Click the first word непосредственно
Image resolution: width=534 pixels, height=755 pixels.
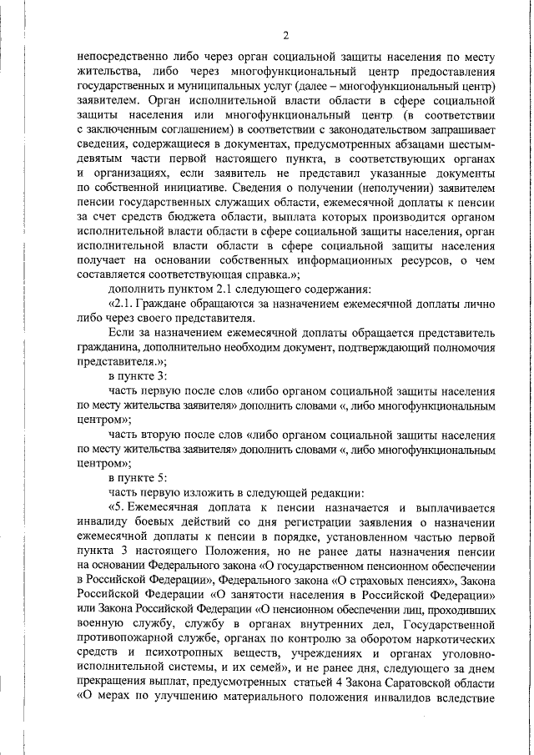[x=122, y=58]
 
